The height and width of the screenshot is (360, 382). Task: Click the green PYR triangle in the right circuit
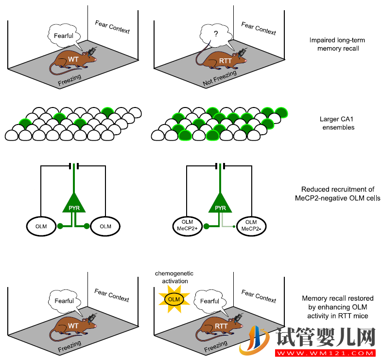(x=221, y=203)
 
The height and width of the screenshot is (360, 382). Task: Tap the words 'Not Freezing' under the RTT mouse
(x=219, y=79)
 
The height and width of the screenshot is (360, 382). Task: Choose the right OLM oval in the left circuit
(x=105, y=226)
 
